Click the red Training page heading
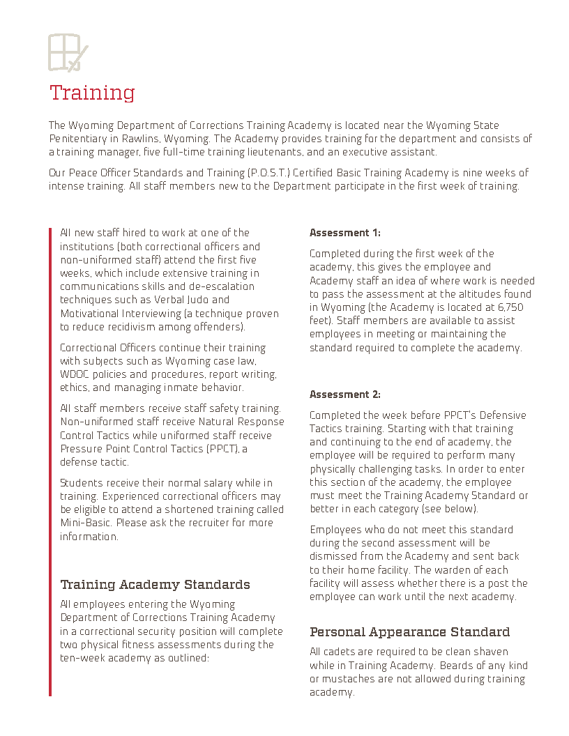click(92, 93)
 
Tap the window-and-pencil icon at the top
click(68, 52)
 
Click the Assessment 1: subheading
click(345, 233)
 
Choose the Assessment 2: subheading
click(345, 394)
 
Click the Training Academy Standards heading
click(155, 585)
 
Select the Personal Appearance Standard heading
click(409, 632)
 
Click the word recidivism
click(130, 327)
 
